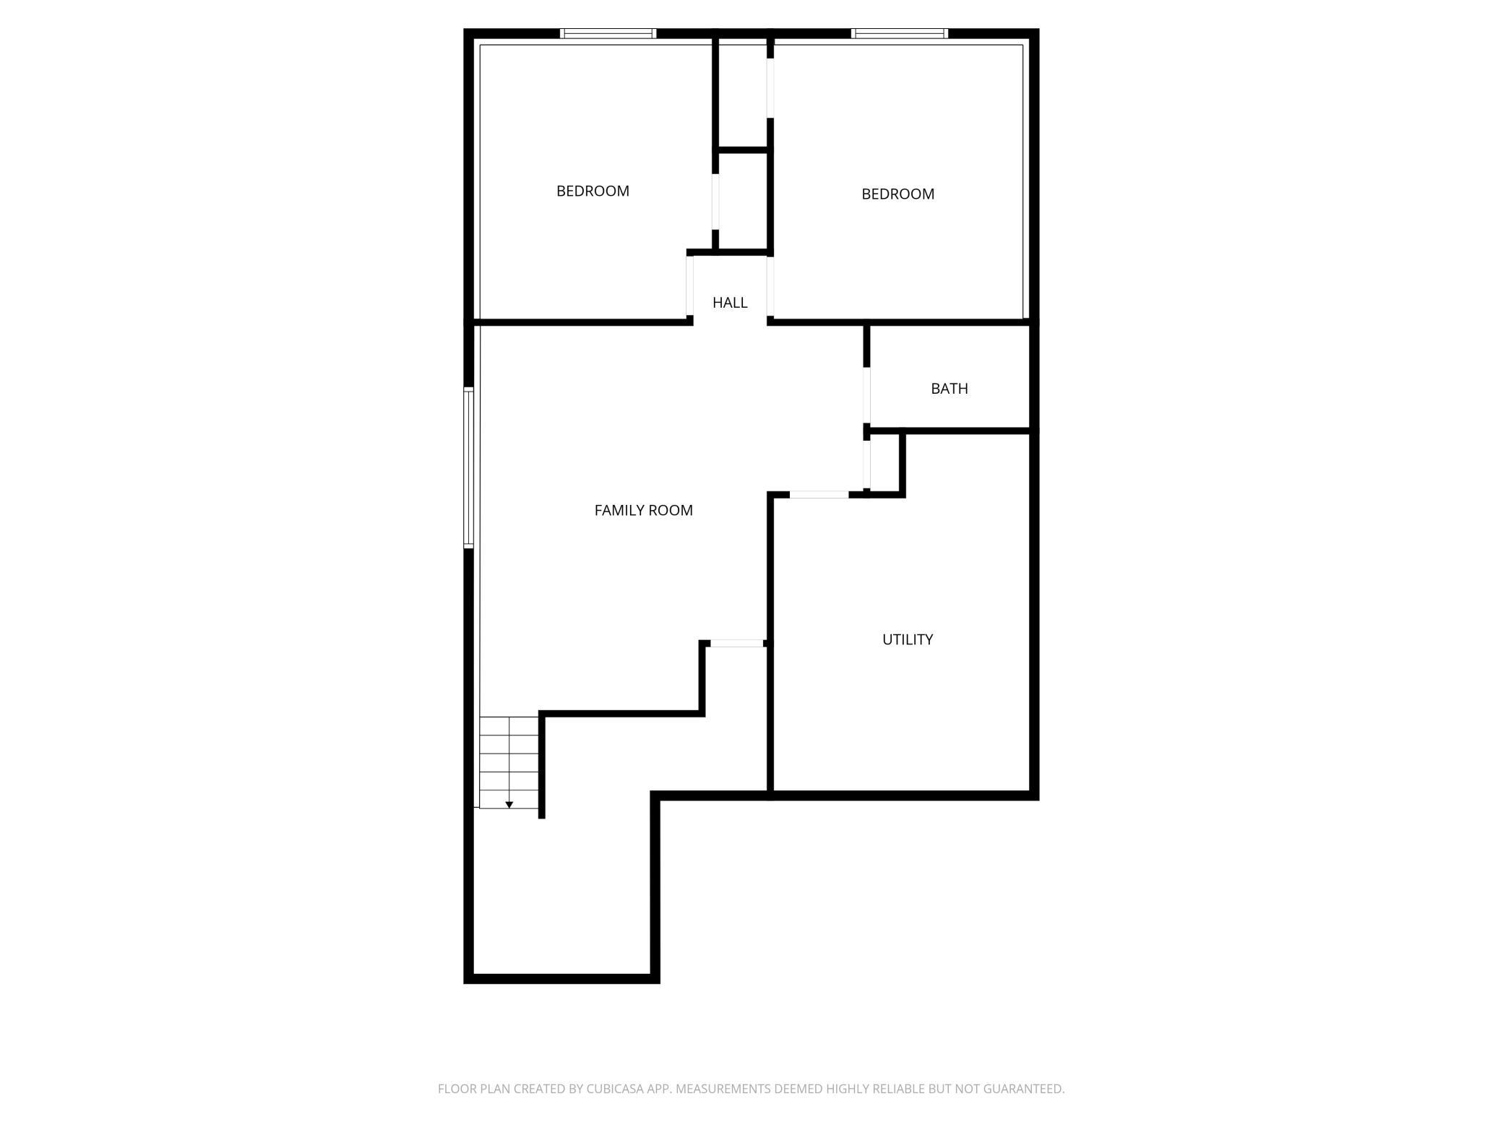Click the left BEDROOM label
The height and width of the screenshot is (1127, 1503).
click(593, 191)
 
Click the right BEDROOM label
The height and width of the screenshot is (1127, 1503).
click(897, 194)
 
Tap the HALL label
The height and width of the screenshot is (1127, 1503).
click(730, 303)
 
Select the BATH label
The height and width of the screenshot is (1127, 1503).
click(949, 389)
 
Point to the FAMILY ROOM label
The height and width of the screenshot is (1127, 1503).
click(643, 511)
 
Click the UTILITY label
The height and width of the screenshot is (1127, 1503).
click(908, 639)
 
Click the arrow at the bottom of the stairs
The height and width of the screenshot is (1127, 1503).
click(509, 804)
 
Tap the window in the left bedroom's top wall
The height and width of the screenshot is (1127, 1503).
click(608, 33)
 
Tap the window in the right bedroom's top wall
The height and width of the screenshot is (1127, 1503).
click(900, 33)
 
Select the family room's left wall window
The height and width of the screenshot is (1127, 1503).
click(468, 467)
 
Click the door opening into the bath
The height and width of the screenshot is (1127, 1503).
click(867, 396)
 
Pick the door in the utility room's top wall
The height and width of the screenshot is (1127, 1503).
click(819, 495)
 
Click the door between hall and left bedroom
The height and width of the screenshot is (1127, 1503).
click(689, 285)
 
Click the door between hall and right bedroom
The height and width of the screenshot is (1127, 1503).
click(770, 285)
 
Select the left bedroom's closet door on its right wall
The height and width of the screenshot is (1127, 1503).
click(715, 202)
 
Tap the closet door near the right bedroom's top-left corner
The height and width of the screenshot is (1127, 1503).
click(770, 87)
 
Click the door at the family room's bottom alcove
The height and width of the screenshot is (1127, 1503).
click(736, 643)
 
